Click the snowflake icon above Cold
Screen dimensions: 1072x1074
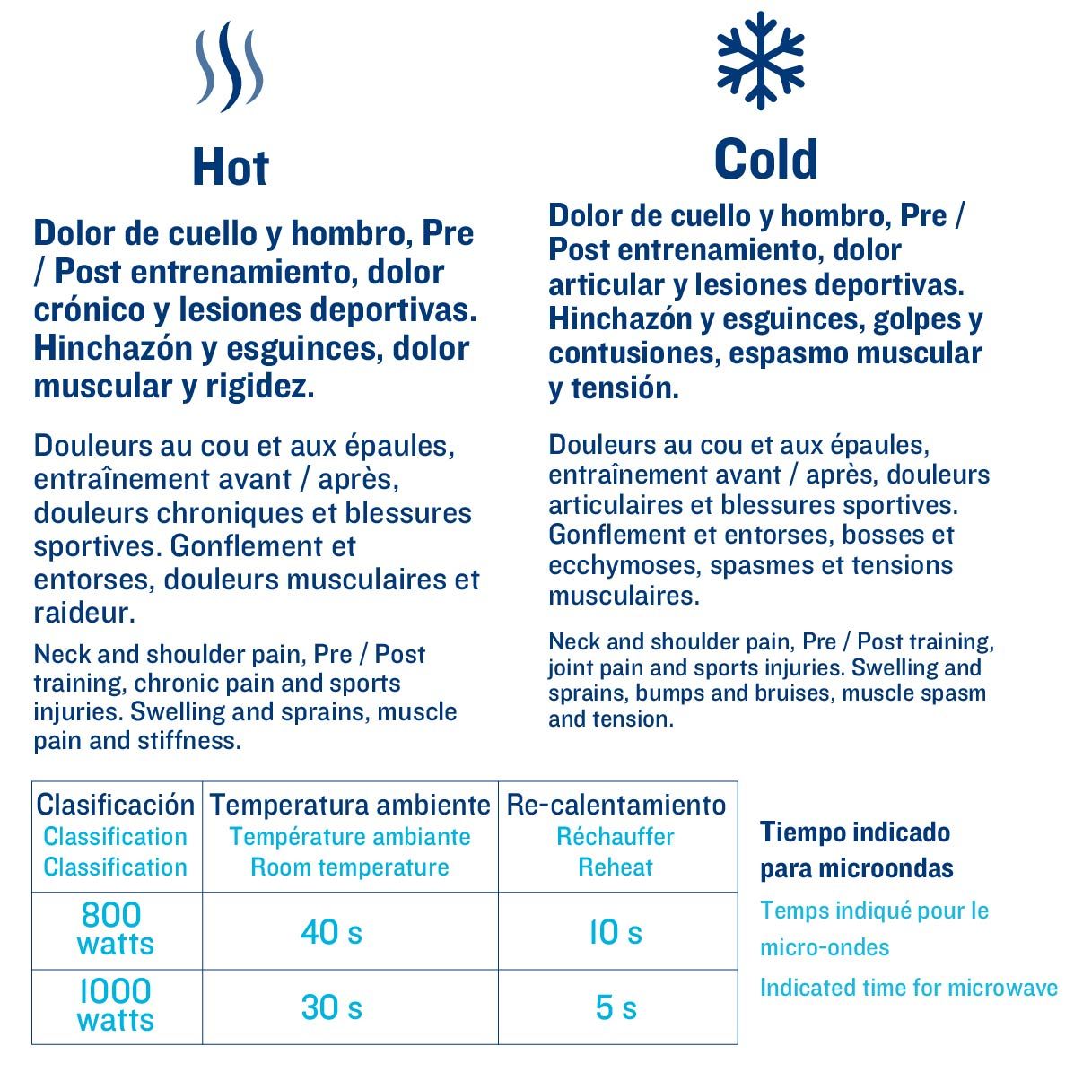pyautogui.click(x=760, y=60)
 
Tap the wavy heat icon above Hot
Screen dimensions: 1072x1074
pyautogui.click(x=231, y=67)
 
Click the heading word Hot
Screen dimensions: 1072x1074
pyautogui.click(x=231, y=168)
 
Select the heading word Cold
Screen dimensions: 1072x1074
pyautogui.click(x=765, y=160)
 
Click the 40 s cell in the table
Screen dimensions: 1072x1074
pyautogui.click(x=331, y=932)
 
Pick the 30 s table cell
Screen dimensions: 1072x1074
pyautogui.click(x=331, y=1007)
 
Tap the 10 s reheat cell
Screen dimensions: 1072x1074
pyautogui.click(x=616, y=932)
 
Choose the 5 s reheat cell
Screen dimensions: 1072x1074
pyautogui.click(x=616, y=1007)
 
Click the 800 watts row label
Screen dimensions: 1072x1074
pyautogui.click(x=115, y=928)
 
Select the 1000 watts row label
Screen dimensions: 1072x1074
pyautogui.click(x=115, y=1005)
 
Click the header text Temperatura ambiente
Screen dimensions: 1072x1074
pyautogui.click(x=350, y=805)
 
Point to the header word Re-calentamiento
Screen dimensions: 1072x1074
pyautogui.click(x=616, y=805)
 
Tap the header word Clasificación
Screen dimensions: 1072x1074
pyautogui.click(x=116, y=805)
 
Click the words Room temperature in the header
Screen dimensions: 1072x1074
pyautogui.click(x=350, y=867)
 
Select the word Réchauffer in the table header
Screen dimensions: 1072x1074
pyautogui.click(x=616, y=837)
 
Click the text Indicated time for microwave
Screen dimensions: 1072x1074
pyautogui.click(x=908, y=988)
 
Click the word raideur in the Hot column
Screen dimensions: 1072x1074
pyautogui.click(x=83, y=614)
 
